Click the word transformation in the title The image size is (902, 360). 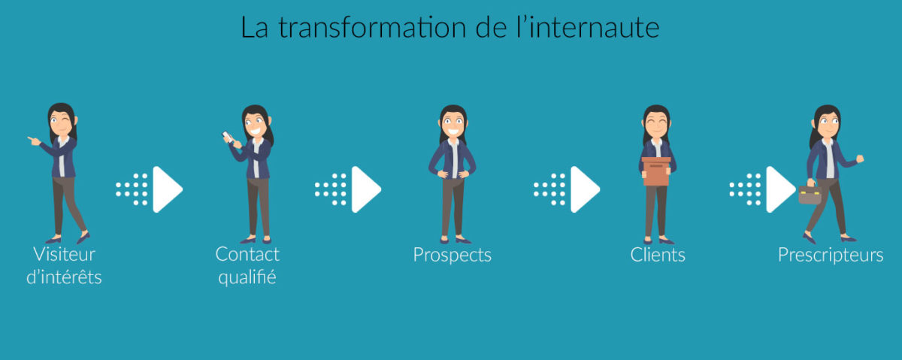[372, 27]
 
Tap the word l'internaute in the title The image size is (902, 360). [588, 27]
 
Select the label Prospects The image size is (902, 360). [453, 256]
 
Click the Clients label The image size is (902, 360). [658, 255]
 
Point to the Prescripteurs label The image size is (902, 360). [831, 256]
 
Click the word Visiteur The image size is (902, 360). [65, 254]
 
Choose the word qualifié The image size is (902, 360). [247, 277]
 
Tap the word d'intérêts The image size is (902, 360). [64, 277]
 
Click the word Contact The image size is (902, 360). [247, 254]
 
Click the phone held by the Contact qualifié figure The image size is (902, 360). [227, 137]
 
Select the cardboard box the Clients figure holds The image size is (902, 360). [656, 171]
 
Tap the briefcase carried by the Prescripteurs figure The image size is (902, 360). [810, 194]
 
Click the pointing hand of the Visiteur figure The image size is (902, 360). [34, 141]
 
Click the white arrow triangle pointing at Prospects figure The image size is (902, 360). [366, 189]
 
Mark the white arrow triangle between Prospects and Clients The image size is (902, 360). [585, 189]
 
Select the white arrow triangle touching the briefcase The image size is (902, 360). [780, 189]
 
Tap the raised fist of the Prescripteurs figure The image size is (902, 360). [860, 159]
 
